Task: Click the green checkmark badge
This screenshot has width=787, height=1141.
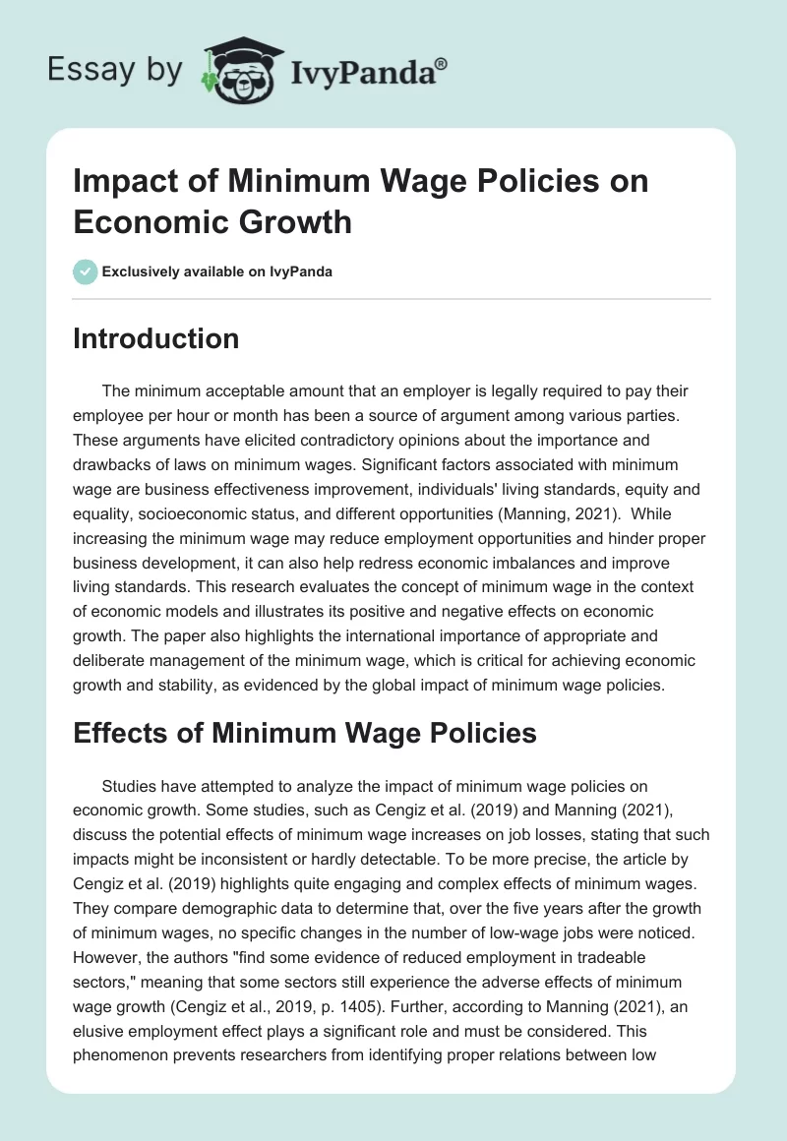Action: pos(87,271)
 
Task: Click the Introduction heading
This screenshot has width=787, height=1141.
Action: pos(156,338)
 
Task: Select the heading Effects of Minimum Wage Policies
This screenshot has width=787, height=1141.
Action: pos(305,733)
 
